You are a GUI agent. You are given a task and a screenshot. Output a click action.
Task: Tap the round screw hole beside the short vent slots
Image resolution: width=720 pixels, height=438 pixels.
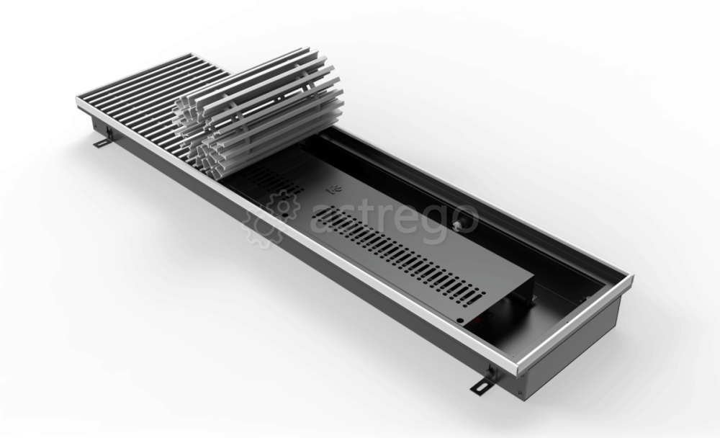pyautogui.click(x=286, y=214)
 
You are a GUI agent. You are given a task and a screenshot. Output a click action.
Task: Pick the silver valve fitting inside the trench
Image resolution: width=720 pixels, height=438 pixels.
pyautogui.click(x=459, y=225)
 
